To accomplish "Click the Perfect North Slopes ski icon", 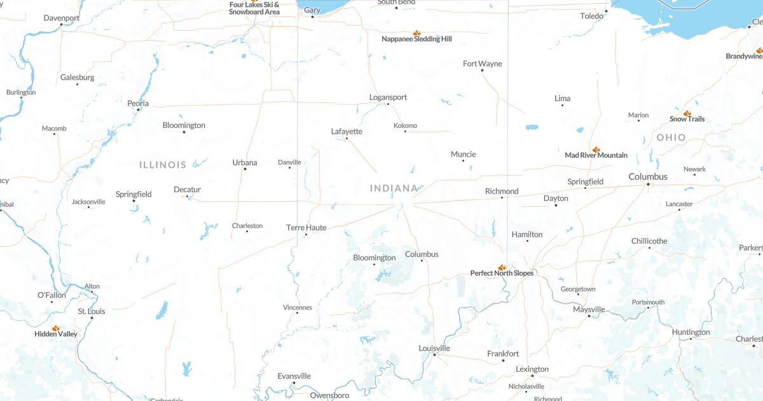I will [x=502, y=267].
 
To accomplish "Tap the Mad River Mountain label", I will [x=596, y=155].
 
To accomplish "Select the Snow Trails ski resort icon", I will [x=687, y=113].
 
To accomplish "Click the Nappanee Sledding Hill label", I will [x=416, y=39].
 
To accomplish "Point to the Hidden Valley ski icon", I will [x=56, y=328].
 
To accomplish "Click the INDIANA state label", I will [x=394, y=188].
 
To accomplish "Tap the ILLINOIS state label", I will [x=163, y=165].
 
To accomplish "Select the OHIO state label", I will [x=671, y=137].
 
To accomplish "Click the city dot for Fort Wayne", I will [x=482, y=70].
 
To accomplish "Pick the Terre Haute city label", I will [x=306, y=227].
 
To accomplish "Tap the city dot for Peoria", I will [x=138, y=109].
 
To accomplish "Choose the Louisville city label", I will [x=434, y=348].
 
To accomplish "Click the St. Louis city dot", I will [x=92, y=318].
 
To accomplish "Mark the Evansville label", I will [x=294, y=376].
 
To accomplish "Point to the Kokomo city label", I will [x=405, y=125].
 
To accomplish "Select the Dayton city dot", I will [x=556, y=205].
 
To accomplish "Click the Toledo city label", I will [x=591, y=16].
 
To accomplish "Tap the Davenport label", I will [x=62, y=18].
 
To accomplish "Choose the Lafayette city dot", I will [x=347, y=138].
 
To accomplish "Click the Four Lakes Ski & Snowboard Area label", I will [x=254, y=8].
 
